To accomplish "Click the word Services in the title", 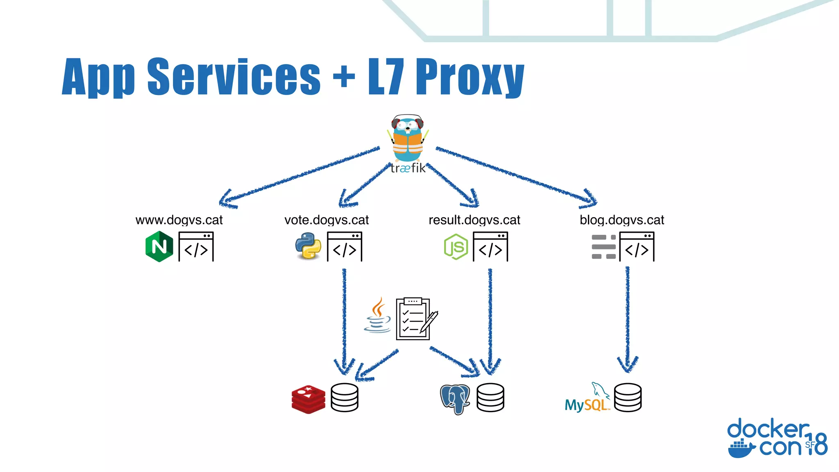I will tap(234, 77).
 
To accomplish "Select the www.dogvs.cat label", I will tap(179, 220).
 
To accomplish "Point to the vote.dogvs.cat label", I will tap(327, 220).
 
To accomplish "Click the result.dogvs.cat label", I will tap(474, 220).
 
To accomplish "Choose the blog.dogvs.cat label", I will tap(621, 220).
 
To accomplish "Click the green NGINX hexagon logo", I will tap(159, 246).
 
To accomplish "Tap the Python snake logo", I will tap(308, 246).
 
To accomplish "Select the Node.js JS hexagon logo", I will tap(456, 247).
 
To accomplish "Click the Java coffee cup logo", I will tap(377, 315).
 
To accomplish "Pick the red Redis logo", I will tap(308, 399).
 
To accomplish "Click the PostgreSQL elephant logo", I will tap(455, 399).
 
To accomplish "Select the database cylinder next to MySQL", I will tap(628, 397).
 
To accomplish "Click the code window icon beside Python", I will tap(345, 247).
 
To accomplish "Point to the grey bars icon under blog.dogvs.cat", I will tap(603, 247).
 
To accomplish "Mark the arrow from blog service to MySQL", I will tap(627, 320).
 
